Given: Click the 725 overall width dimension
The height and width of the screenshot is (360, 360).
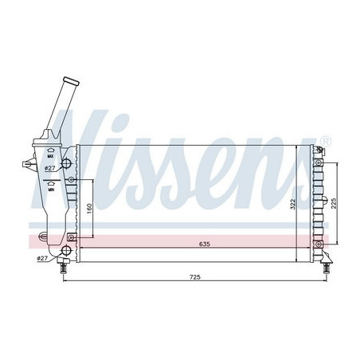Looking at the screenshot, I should click(194, 276).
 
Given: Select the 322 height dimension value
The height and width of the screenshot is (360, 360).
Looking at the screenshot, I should click(292, 204).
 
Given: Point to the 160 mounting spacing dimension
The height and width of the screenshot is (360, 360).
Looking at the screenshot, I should click(90, 208).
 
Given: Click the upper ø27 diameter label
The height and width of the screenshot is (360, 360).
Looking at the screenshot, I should click(50, 169).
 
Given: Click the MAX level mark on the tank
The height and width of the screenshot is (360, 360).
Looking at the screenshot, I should click(49, 150).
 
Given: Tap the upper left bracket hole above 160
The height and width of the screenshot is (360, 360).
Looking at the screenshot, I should click(72, 181).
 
